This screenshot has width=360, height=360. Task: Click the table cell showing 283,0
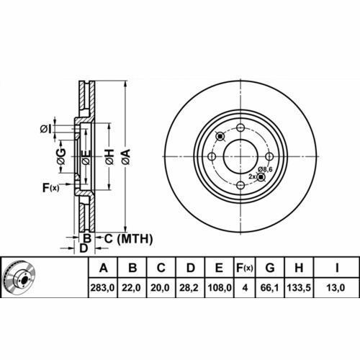pos(102,287)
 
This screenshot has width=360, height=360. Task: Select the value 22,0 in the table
pos(131,287)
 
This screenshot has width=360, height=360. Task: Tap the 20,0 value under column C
pos(160,287)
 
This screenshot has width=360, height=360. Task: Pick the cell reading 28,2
pos(189,287)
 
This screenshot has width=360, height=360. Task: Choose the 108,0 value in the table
pos(219,287)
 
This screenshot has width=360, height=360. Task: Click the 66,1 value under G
pos(270,287)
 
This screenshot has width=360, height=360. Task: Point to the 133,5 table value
pos(299,287)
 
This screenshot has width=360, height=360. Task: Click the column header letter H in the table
pos(299,268)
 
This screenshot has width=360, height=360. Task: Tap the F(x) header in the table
pos(245,268)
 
